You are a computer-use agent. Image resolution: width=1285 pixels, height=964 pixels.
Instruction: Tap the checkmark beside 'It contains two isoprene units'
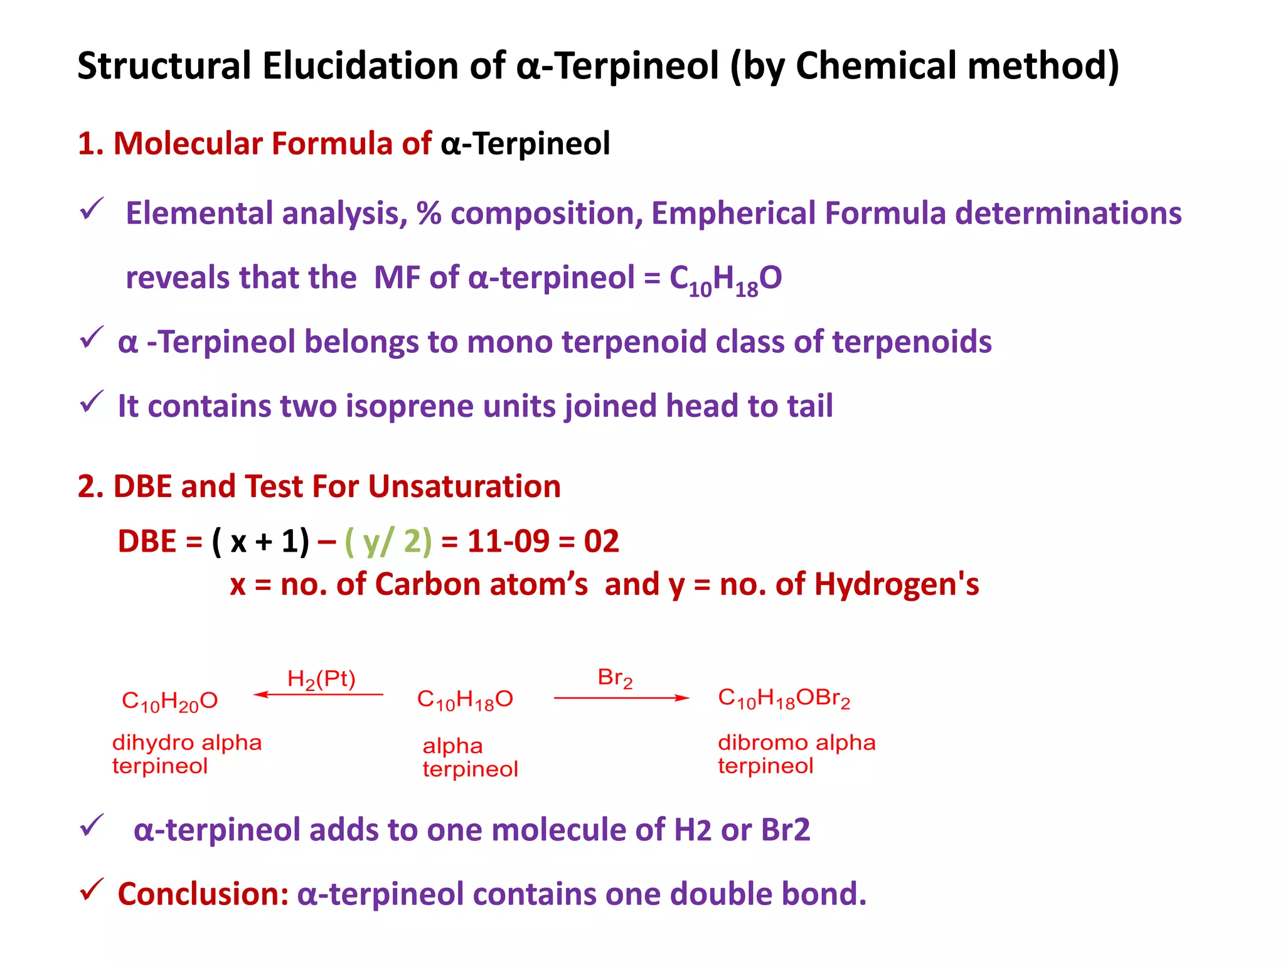point(91,402)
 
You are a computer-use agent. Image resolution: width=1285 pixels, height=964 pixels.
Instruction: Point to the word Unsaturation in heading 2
point(464,486)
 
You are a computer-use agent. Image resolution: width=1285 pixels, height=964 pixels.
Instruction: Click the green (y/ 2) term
point(388,541)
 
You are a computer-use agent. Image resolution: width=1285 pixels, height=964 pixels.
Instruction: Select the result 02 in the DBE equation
point(601,541)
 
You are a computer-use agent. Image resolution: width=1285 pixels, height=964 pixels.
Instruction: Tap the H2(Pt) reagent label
point(321,679)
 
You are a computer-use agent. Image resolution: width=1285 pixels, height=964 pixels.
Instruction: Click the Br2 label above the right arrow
point(615,678)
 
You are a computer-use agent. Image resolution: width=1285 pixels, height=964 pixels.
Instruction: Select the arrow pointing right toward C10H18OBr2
point(621,698)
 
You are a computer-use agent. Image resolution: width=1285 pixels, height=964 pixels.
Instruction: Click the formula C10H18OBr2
point(784,699)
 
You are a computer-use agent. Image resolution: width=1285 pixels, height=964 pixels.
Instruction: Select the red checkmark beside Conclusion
point(91,890)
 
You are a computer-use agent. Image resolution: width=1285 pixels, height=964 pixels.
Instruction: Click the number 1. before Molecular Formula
point(90,144)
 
